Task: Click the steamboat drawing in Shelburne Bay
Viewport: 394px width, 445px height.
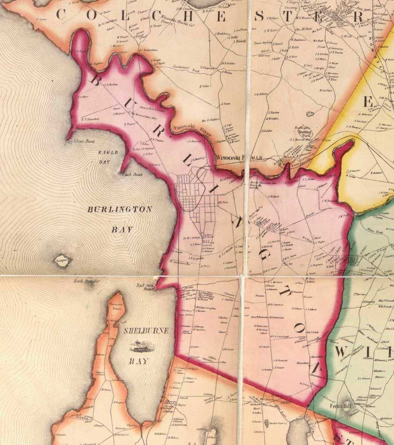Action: pyautogui.click(x=139, y=347)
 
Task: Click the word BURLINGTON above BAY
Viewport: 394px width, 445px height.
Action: pyautogui.click(x=120, y=209)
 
